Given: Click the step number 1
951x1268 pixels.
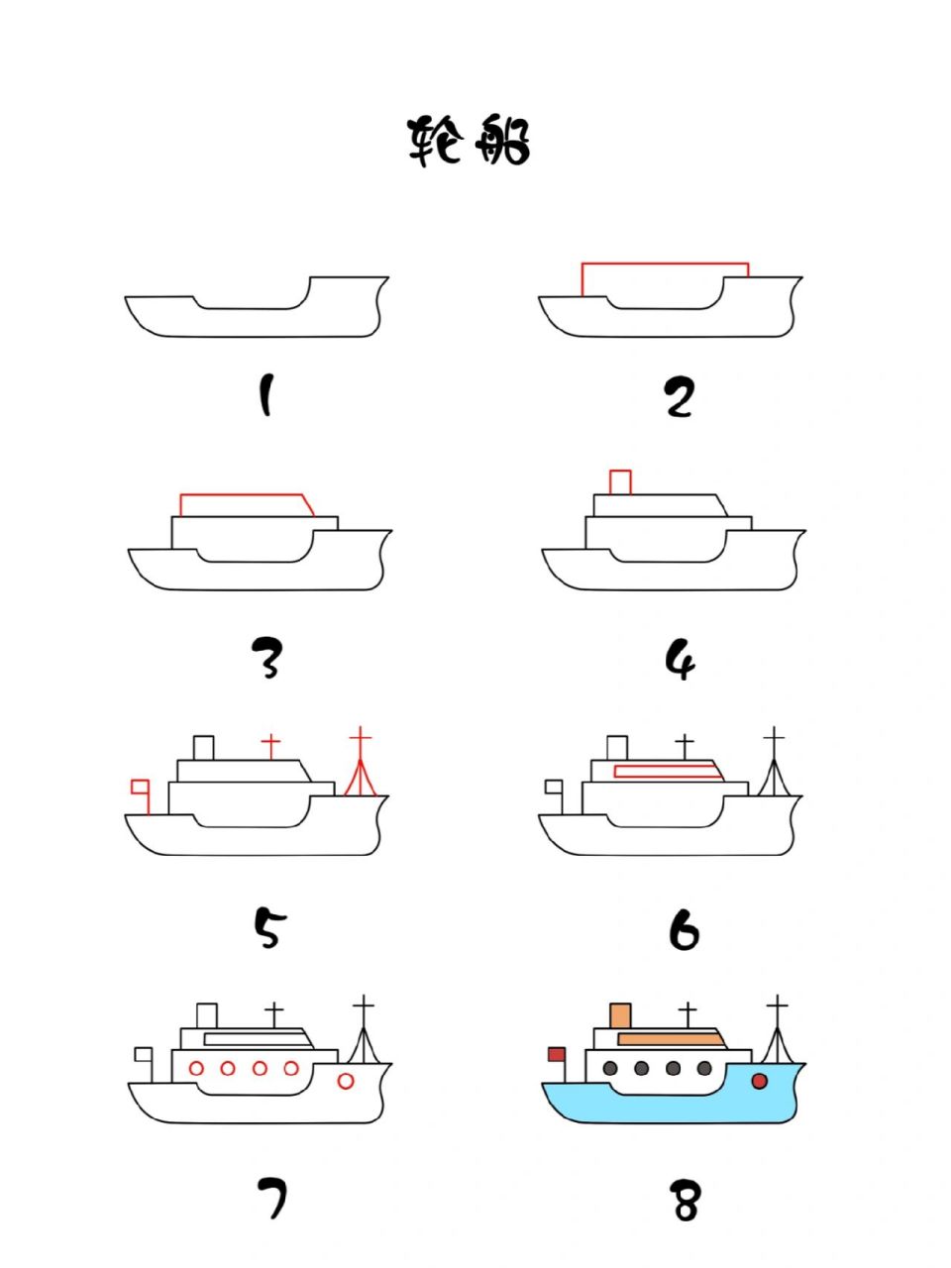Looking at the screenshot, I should click(264, 395).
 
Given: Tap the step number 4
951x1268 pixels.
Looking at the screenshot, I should click(681, 659).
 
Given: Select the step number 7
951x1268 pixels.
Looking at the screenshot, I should click(271, 1198).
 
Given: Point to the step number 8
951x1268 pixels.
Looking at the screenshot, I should click(686, 1202).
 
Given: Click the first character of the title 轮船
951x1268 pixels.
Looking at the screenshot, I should click(436, 141).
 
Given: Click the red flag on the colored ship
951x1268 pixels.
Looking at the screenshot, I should click(557, 1054).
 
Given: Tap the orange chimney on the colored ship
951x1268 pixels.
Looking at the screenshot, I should click(621, 1016).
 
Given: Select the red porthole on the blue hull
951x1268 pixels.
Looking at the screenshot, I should click(760, 1081).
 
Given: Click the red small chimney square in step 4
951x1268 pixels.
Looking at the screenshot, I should click(620, 482).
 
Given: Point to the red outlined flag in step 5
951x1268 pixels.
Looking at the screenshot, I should click(140, 788).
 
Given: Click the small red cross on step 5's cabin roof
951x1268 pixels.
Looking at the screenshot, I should click(270, 744).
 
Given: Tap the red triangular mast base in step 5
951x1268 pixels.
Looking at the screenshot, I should click(361, 781).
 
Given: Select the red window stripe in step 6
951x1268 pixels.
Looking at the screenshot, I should click(667, 771).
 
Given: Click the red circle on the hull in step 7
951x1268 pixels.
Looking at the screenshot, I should click(346, 1081).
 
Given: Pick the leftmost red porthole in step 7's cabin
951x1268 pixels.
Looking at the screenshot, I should click(196, 1068).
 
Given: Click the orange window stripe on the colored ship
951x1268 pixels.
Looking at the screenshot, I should click(670, 1039).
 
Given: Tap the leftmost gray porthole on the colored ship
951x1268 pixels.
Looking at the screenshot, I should click(610, 1068).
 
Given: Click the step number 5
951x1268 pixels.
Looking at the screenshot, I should click(268, 928).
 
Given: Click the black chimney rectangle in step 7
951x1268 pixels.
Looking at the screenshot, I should click(207, 1016).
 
